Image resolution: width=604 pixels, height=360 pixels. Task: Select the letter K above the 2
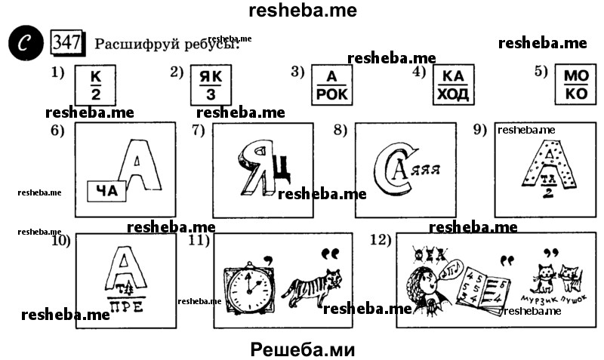[94, 77]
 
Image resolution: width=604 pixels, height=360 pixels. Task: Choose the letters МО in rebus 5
[577, 77]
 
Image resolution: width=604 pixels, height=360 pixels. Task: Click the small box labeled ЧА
[107, 192]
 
